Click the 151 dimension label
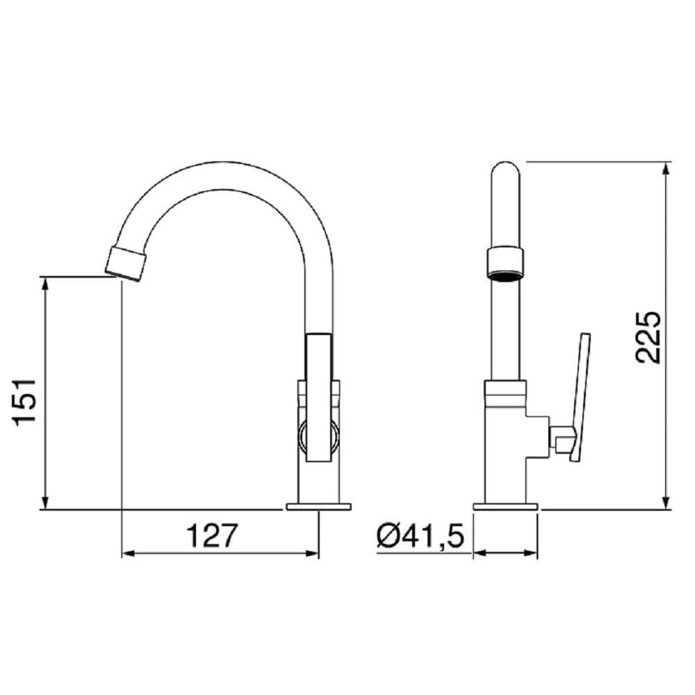tap(25, 403)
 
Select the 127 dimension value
tap(212, 536)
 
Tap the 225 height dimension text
tap(647, 337)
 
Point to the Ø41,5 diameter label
tap(420, 536)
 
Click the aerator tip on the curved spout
tap(126, 263)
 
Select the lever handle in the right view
tap(579, 396)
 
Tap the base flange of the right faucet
tap(505, 506)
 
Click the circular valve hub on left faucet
tap(319, 436)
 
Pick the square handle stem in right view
tap(559, 438)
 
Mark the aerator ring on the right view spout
tap(505, 261)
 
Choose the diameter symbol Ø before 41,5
tap(387, 536)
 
